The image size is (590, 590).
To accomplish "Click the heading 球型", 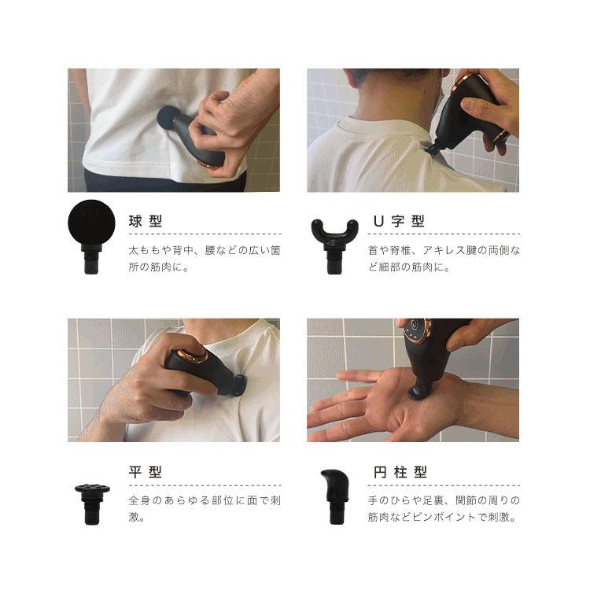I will pyautogui.click(x=146, y=221).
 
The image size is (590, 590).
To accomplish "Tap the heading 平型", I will pyautogui.click(x=146, y=472).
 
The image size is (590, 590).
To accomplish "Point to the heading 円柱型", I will pyautogui.click(x=400, y=472).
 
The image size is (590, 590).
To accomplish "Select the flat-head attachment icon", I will pyautogui.click(x=93, y=502).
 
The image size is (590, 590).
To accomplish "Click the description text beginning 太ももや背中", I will pyautogui.click(x=205, y=258).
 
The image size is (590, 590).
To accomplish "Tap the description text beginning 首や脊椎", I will pyautogui.click(x=444, y=258).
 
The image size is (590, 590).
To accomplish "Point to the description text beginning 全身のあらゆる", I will pyautogui.click(x=205, y=509).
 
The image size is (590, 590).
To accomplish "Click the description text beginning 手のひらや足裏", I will pyautogui.click(x=444, y=509).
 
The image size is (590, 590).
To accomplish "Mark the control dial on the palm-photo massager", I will pyautogui.click(x=415, y=331).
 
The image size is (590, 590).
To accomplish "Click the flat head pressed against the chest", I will pyautogui.click(x=239, y=385).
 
